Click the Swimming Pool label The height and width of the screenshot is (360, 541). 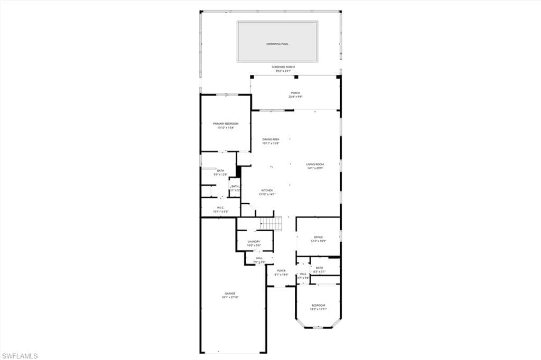click(x=277, y=44)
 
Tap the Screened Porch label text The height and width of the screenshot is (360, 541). click(x=283, y=67)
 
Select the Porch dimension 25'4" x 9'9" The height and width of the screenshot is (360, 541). click(x=295, y=97)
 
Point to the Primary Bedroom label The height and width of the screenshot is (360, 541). click(x=226, y=124)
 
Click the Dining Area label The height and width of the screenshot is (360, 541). click(x=270, y=139)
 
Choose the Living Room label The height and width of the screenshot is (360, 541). click(x=315, y=164)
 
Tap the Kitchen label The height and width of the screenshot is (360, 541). click(x=267, y=190)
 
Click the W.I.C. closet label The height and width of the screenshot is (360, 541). click(x=220, y=207)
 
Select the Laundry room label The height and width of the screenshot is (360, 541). click(x=254, y=241)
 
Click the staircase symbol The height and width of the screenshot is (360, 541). click(x=273, y=224)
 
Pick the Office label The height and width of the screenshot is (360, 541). click(x=318, y=237)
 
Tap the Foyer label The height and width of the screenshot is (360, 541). click(x=281, y=271)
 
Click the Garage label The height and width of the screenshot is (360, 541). click(x=230, y=293)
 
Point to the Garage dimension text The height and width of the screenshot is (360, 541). click(x=230, y=297)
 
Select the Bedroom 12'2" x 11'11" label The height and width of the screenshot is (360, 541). click(x=318, y=305)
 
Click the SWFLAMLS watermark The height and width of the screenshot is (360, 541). click(x=20, y=356)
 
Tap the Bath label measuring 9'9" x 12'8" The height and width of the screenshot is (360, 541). click(x=220, y=170)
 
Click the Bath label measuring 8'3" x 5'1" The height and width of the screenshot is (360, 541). click(x=319, y=268)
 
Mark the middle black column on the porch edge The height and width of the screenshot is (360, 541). click(x=296, y=77)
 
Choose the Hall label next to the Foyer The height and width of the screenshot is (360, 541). click(x=303, y=274)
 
